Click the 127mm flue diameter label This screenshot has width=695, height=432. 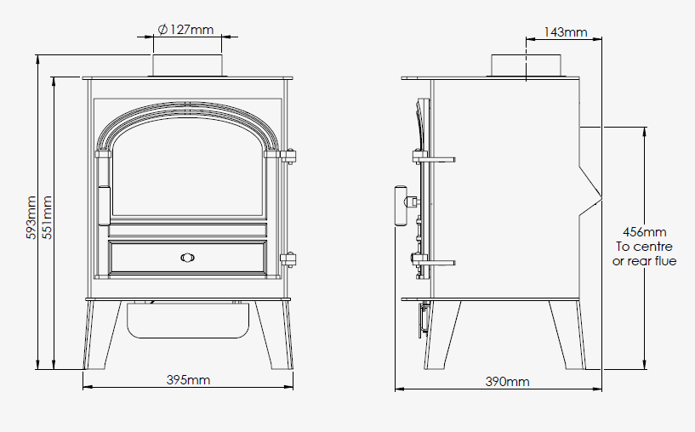(x=185, y=30)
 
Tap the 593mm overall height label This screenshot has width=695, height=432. (x=31, y=218)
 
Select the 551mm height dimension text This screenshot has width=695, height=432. (x=47, y=218)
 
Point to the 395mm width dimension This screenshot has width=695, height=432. (x=188, y=380)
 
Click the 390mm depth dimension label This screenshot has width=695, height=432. (x=507, y=382)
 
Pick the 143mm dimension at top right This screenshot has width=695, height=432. (x=566, y=32)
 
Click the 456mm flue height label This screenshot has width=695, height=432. (x=645, y=232)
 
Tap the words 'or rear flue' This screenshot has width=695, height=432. (x=645, y=261)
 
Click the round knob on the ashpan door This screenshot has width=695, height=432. (x=187, y=258)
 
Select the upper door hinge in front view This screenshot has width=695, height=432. (x=288, y=156)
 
